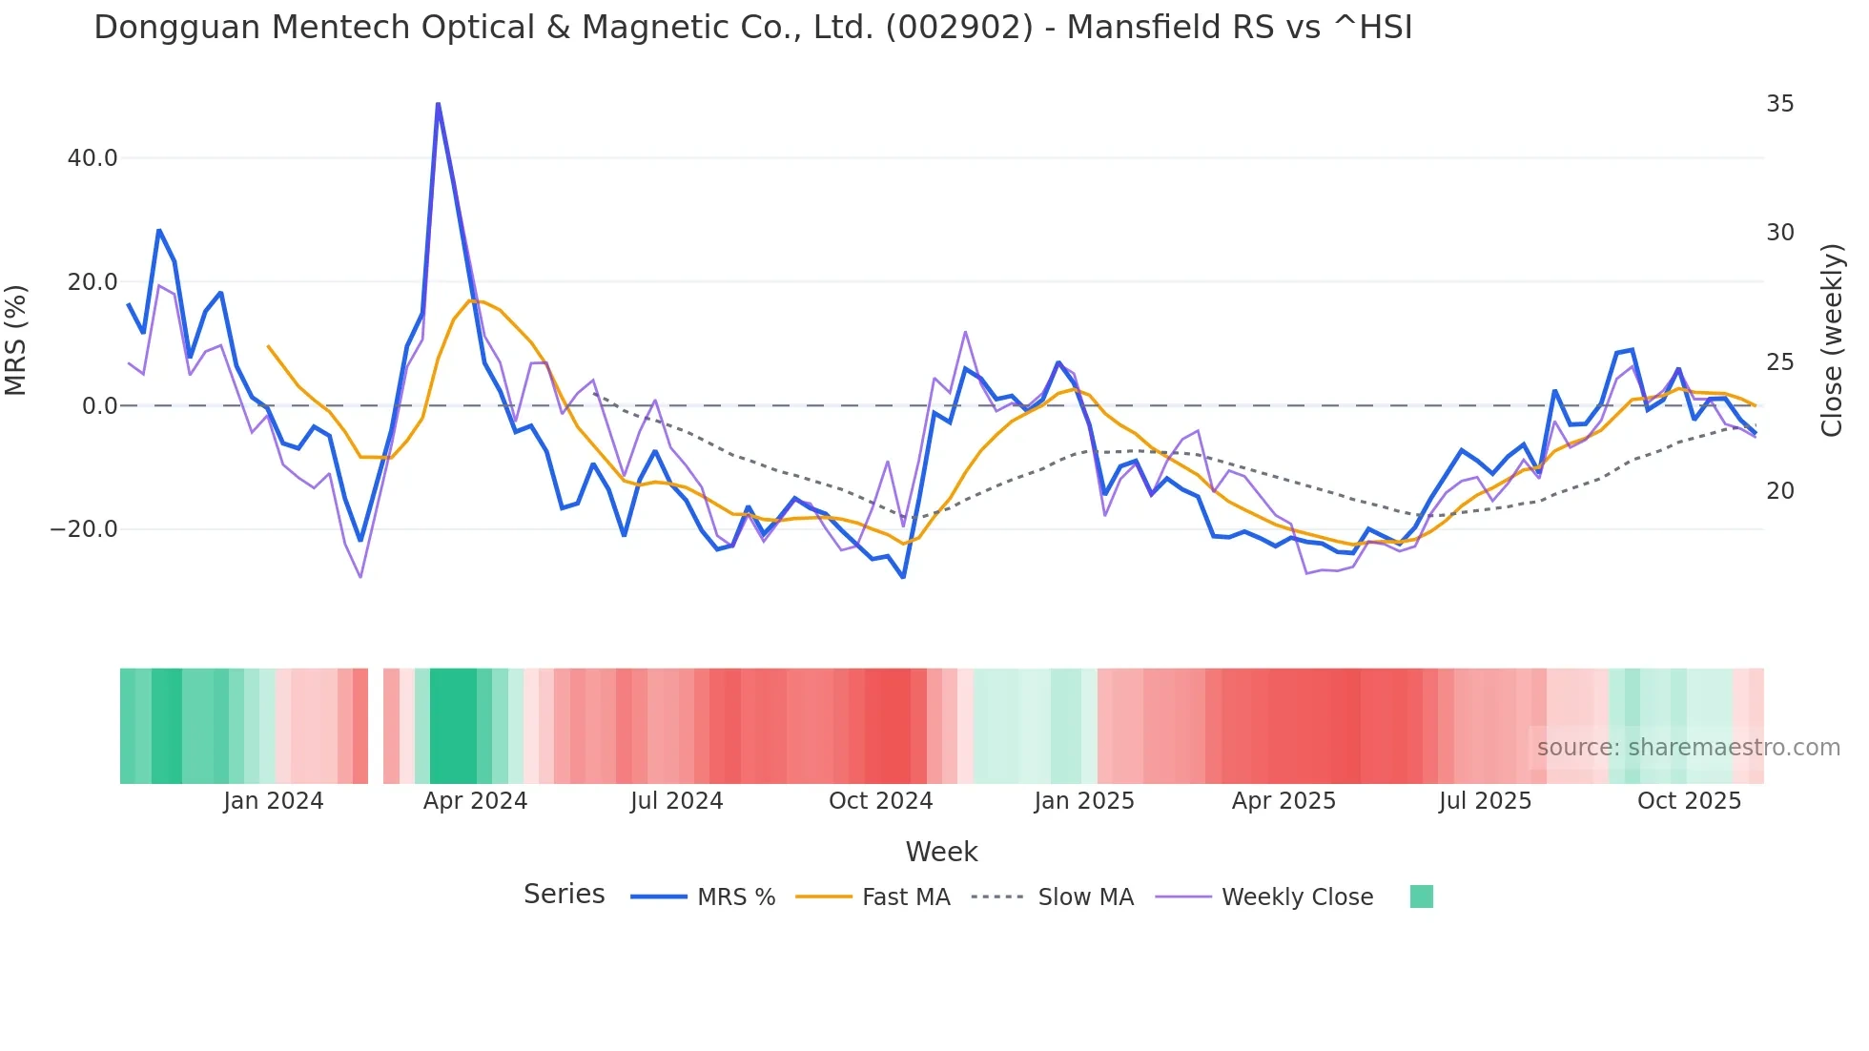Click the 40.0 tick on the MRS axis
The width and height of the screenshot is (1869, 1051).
(x=92, y=158)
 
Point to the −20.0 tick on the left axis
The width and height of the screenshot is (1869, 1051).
(x=84, y=529)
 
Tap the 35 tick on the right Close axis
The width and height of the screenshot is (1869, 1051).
(x=1779, y=104)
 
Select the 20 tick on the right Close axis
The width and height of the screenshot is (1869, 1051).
(x=1779, y=491)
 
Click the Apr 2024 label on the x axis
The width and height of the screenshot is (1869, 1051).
(x=475, y=801)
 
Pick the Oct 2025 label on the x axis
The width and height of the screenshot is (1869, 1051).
(x=1689, y=801)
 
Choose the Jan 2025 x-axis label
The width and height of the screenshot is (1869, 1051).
(x=1084, y=801)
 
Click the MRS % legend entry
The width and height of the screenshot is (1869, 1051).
(x=735, y=897)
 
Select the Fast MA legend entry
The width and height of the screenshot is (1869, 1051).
(x=905, y=897)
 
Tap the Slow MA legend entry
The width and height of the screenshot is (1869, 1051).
(x=1085, y=897)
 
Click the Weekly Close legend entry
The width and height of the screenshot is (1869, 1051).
(x=1297, y=897)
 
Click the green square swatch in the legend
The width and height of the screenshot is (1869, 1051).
(x=1421, y=896)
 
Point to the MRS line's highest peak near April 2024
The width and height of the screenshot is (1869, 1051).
(x=438, y=104)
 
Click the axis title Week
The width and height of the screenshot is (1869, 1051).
(x=941, y=852)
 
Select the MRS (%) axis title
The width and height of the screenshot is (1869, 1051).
(x=16, y=340)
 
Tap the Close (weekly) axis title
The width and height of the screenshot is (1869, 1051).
(x=1832, y=340)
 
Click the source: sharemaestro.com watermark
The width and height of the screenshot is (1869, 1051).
(x=1688, y=748)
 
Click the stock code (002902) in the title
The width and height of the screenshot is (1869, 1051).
(x=959, y=28)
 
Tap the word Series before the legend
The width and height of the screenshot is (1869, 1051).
(x=564, y=895)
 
